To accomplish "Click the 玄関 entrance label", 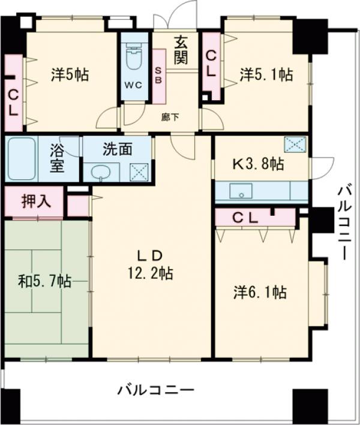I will [x=182, y=50].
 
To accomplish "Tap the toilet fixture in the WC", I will [x=134, y=61].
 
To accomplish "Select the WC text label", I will [x=133, y=85].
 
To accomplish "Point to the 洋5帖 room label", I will [x=70, y=75].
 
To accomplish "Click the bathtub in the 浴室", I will [x=22, y=158].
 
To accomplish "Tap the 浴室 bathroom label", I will [x=57, y=158].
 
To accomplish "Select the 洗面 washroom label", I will [x=117, y=149].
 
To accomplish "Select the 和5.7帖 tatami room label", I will [x=44, y=281].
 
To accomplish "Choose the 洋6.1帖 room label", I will [x=259, y=293].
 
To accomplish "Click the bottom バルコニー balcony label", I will [x=155, y=390].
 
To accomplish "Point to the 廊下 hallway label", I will [x=170, y=117].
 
